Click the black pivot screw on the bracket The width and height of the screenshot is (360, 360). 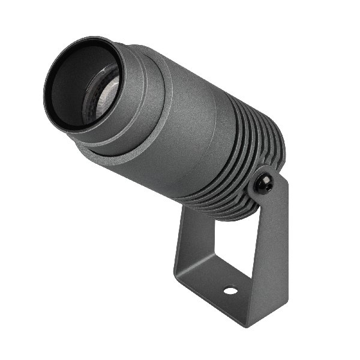[263, 184]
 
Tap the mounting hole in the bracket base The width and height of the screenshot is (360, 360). [230, 291]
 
